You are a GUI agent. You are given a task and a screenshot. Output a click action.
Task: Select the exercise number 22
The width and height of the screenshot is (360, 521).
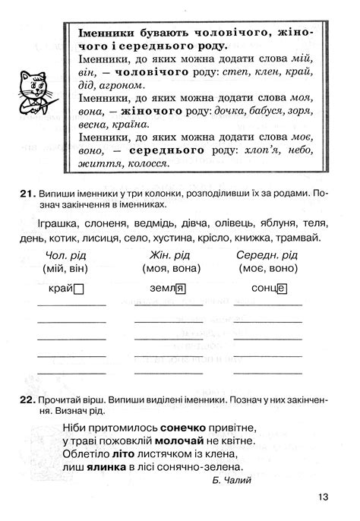click(x=27, y=399)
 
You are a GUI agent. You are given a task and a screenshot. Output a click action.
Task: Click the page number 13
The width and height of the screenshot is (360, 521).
click(x=325, y=497)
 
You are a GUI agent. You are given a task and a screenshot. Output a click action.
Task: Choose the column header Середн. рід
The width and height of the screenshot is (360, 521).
click(x=267, y=254)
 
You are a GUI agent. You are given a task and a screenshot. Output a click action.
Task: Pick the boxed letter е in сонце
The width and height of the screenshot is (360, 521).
click(x=281, y=289)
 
